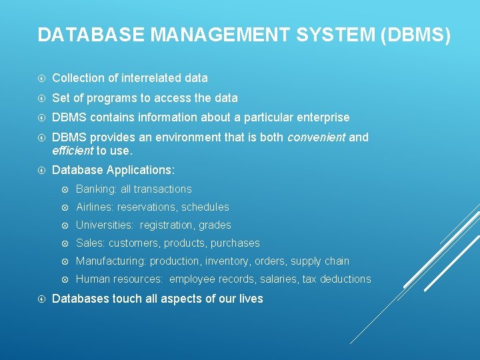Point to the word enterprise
pos(321,117)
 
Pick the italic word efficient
pos(73,150)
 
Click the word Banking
pos(95,189)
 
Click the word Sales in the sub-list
pos(90,243)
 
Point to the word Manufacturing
pos(111,261)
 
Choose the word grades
pos(215,225)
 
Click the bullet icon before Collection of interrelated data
pos(42,78)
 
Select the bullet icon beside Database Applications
pos(42,170)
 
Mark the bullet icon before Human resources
pos(65,279)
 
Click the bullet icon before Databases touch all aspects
pos(42,299)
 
